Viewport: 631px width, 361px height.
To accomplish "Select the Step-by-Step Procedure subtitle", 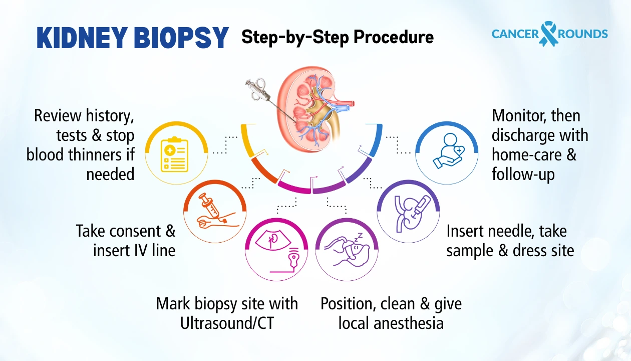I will [337, 37].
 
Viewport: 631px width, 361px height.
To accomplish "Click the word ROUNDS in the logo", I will [583, 34].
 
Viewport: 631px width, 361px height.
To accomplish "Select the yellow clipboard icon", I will [175, 152].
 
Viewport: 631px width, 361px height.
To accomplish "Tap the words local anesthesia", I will [391, 323].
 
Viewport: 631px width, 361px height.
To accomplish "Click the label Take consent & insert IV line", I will [126, 240].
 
